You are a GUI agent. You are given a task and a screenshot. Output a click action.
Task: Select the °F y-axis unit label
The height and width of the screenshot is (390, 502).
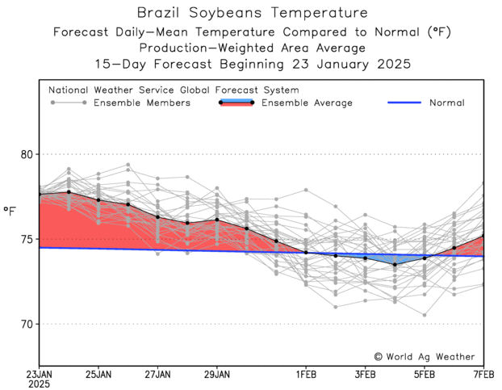pyautogui.click(x=10, y=212)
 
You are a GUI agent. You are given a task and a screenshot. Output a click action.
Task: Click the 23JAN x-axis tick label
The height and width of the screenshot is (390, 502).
pyautogui.click(x=39, y=374)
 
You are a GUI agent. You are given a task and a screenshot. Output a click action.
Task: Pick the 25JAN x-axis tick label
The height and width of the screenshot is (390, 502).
pyautogui.click(x=98, y=374)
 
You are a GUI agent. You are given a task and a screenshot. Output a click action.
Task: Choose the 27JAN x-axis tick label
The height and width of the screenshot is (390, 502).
pyautogui.click(x=157, y=374)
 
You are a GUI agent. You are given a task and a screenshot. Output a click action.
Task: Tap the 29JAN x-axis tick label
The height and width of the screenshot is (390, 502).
pyautogui.click(x=217, y=374)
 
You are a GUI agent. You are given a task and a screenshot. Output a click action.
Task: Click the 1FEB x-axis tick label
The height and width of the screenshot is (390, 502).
pyautogui.click(x=306, y=374)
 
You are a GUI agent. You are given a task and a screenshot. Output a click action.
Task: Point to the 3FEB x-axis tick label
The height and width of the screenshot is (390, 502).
pyautogui.click(x=365, y=374)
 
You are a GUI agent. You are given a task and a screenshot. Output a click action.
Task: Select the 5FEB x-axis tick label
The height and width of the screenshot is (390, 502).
pyautogui.click(x=425, y=374)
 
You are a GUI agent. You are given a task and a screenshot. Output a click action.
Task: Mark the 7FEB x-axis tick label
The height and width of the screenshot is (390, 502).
pyautogui.click(x=483, y=374)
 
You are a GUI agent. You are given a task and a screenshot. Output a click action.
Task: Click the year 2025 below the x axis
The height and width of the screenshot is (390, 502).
pyautogui.click(x=39, y=384)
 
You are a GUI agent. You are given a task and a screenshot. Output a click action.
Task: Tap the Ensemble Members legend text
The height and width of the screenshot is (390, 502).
pyautogui.click(x=142, y=103)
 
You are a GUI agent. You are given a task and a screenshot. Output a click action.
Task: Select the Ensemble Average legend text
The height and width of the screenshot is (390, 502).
pyautogui.click(x=307, y=103)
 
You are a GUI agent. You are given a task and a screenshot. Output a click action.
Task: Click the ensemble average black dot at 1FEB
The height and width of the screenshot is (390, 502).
pyautogui.click(x=306, y=252)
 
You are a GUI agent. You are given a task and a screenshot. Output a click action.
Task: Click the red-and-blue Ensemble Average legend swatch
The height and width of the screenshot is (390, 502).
pyautogui.click(x=236, y=103)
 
